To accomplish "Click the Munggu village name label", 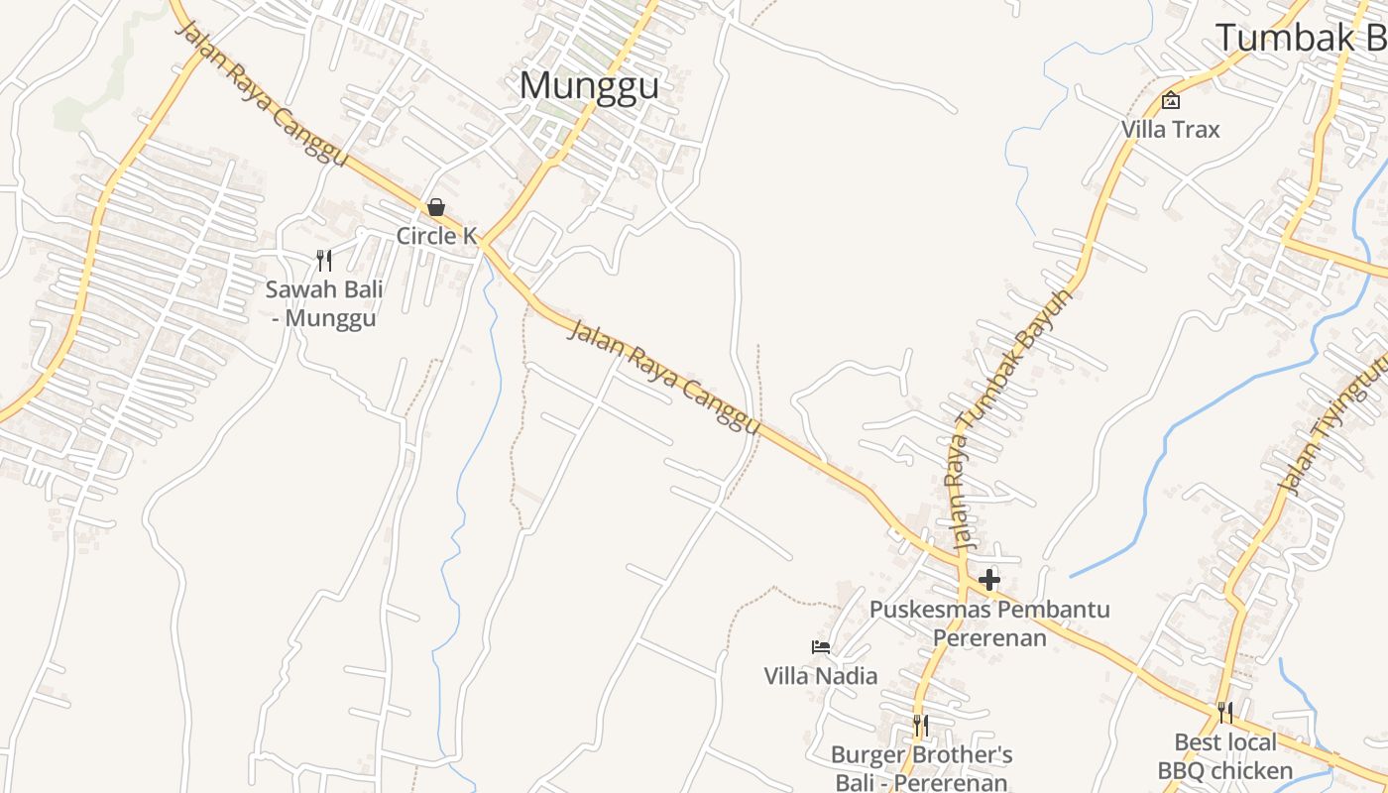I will point(589,85).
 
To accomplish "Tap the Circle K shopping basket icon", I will point(436,207).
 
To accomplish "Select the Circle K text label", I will point(437,236).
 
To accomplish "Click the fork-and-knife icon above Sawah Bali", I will point(323,261).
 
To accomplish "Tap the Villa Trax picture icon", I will point(1171,100).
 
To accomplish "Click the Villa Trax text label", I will point(1171,130).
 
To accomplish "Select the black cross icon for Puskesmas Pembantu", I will point(988,580).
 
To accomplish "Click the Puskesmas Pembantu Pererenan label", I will point(989,623).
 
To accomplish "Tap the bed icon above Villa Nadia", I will point(821,647).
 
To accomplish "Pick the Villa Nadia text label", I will point(821,676).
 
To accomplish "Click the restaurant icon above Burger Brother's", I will point(921,726).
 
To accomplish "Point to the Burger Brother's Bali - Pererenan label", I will point(921,768).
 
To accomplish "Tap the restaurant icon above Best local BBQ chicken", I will point(1225,713).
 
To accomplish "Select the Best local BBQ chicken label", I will point(1225,756).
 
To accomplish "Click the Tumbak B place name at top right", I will point(1300,38).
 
